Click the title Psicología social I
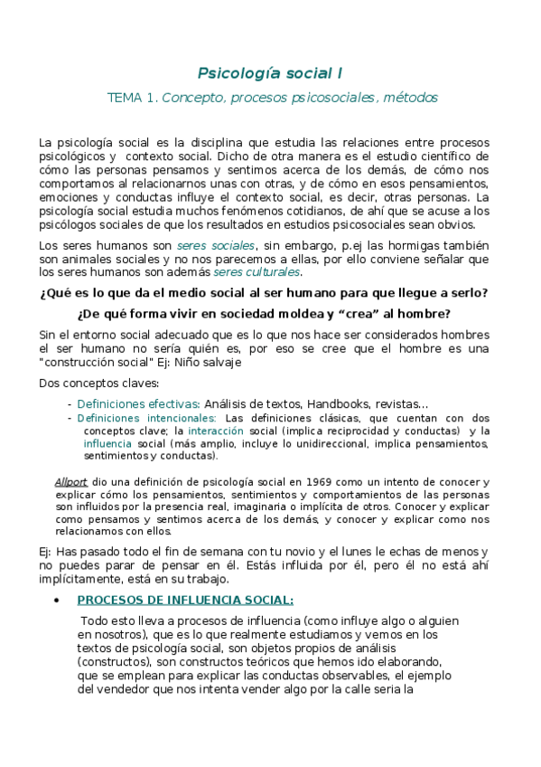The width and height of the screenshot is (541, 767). coord(270,71)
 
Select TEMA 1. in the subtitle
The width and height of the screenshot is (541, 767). coord(131,97)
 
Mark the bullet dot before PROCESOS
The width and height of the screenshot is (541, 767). coord(57,600)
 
